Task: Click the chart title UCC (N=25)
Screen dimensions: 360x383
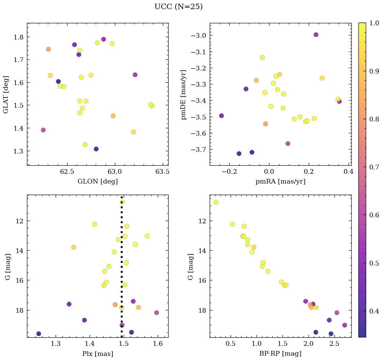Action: (x=178, y=7)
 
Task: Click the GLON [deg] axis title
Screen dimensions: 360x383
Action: (x=97, y=182)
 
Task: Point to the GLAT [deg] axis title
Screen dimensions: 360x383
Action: (x=6, y=94)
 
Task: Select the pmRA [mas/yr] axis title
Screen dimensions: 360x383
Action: (x=281, y=182)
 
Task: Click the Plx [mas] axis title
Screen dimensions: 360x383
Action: (x=97, y=354)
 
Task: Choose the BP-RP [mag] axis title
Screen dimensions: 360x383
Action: (x=281, y=354)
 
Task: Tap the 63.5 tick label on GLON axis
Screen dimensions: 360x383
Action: (x=163, y=172)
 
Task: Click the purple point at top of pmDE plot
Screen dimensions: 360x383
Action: (x=316, y=35)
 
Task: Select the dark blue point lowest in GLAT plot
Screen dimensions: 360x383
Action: (x=96, y=149)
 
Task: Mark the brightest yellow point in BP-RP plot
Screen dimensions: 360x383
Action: (x=216, y=202)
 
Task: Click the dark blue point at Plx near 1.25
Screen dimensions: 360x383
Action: (x=39, y=334)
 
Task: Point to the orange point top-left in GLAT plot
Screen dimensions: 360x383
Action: (x=49, y=49)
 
